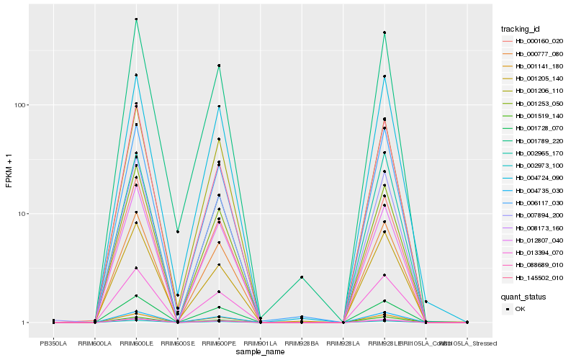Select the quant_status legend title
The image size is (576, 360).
click(524, 296)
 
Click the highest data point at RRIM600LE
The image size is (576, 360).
click(136, 19)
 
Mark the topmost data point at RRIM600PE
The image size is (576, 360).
click(219, 66)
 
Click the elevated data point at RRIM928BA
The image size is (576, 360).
click(302, 277)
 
